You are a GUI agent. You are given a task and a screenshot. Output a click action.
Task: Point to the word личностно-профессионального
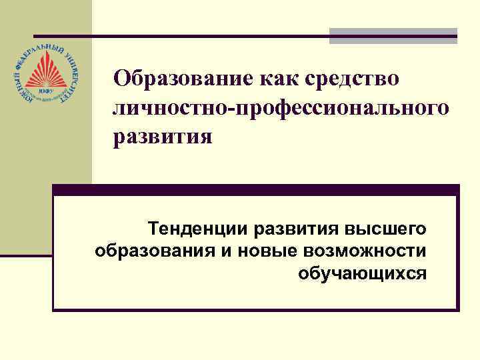click(281, 108)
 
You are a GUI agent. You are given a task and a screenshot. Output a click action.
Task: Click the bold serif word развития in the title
click(163, 137)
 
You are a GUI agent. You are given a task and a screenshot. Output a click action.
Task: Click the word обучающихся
click(362, 273)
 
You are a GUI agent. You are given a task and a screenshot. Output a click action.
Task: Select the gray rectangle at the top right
click(394, 35)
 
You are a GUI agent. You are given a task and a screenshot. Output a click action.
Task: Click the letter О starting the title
click(121, 79)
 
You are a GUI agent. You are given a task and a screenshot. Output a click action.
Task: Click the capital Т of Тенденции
click(154, 230)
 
